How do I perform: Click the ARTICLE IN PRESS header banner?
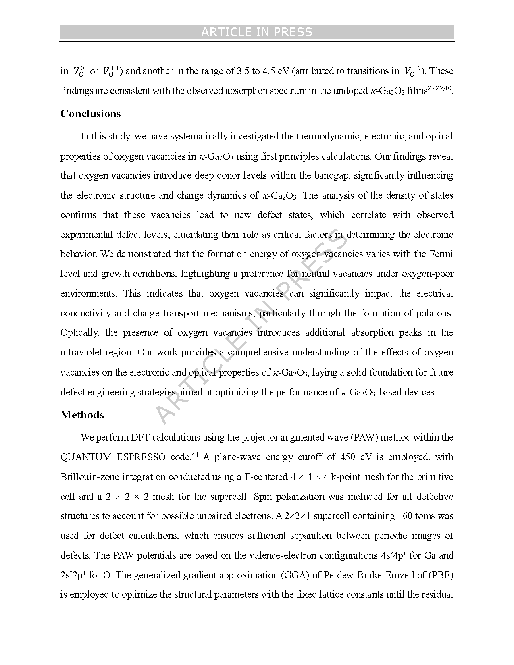(257, 32)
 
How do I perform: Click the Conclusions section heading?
(91, 114)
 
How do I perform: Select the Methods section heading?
(82, 415)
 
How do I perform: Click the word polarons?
(433, 313)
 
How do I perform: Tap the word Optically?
(80, 333)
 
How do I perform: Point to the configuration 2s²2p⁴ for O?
(73, 575)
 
